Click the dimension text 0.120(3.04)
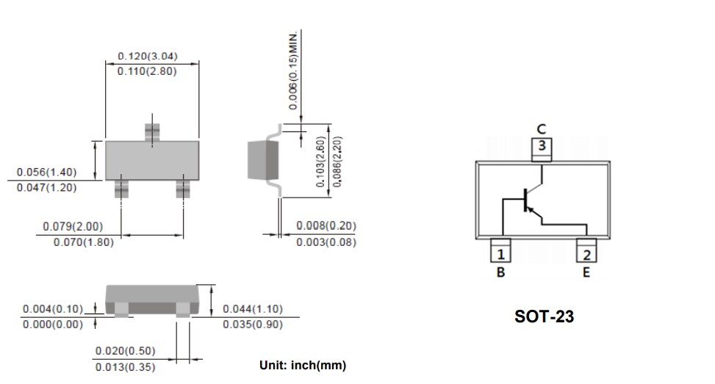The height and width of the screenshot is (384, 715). tap(147, 57)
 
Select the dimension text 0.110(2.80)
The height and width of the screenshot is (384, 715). tap(147, 71)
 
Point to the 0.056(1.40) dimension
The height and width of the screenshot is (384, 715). tap(46, 173)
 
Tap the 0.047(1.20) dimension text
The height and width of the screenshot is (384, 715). tap(46, 187)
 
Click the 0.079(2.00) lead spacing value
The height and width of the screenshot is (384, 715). tap(73, 226)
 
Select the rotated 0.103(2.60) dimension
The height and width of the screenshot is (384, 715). tap(320, 162)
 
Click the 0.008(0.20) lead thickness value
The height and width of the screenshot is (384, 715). tap(326, 226)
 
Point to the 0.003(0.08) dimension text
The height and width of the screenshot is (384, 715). tap(326, 242)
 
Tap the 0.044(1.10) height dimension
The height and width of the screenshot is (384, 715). tap(252, 309)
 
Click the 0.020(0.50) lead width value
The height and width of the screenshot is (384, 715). tap(125, 352)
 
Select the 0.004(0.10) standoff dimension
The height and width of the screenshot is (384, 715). tap(53, 309)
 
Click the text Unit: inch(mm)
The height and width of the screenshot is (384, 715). tap(302, 365)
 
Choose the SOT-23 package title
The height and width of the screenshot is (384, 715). tap(544, 317)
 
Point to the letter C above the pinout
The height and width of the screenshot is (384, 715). tap(542, 129)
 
